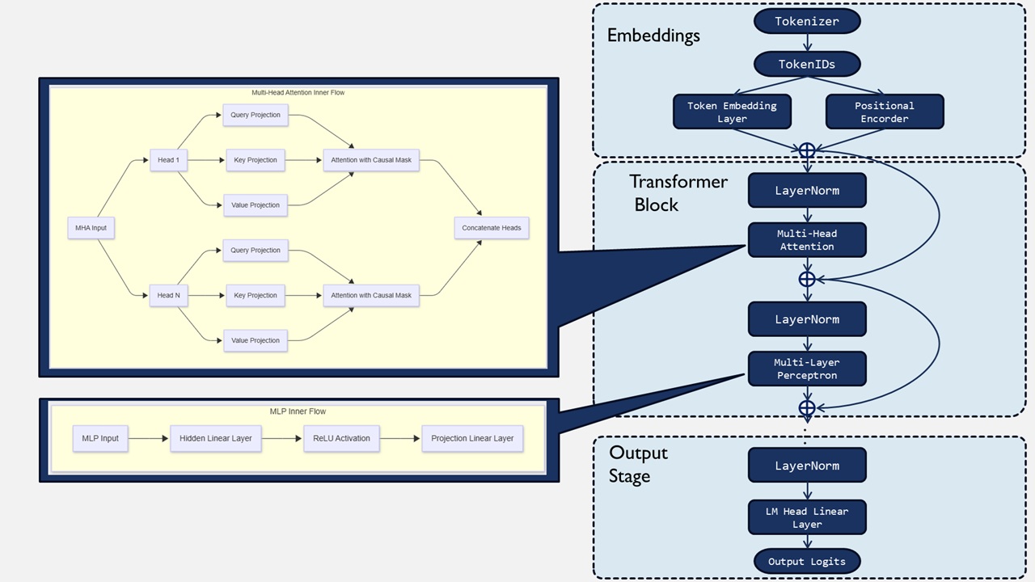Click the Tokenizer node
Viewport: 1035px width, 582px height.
point(807,21)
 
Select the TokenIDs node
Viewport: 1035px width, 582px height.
point(807,64)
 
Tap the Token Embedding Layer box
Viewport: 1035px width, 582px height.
point(732,112)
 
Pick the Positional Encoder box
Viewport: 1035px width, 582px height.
point(885,112)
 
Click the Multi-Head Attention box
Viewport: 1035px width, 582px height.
point(807,240)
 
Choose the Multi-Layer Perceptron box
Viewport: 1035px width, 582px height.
point(807,369)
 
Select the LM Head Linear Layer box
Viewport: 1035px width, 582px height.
point(807,517)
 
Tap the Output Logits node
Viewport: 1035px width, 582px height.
point(807,561)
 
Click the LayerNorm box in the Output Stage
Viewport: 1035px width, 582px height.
point(807,465)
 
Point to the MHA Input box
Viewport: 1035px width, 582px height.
point(91,228)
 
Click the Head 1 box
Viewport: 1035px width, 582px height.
point(168,160)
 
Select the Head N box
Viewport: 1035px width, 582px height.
point(168,295)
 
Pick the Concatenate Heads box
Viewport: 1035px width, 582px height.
point(491,228)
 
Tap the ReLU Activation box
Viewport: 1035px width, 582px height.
point(341,438)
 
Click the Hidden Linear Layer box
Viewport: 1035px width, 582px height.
point(215,438)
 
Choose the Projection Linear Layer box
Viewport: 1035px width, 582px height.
point(472,438)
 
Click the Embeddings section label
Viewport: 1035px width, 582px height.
point(653,36)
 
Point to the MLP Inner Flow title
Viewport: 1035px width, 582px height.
point(298,411)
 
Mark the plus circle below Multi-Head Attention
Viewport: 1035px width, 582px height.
point(807,279)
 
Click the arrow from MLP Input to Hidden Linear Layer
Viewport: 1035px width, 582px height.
point(148,438)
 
